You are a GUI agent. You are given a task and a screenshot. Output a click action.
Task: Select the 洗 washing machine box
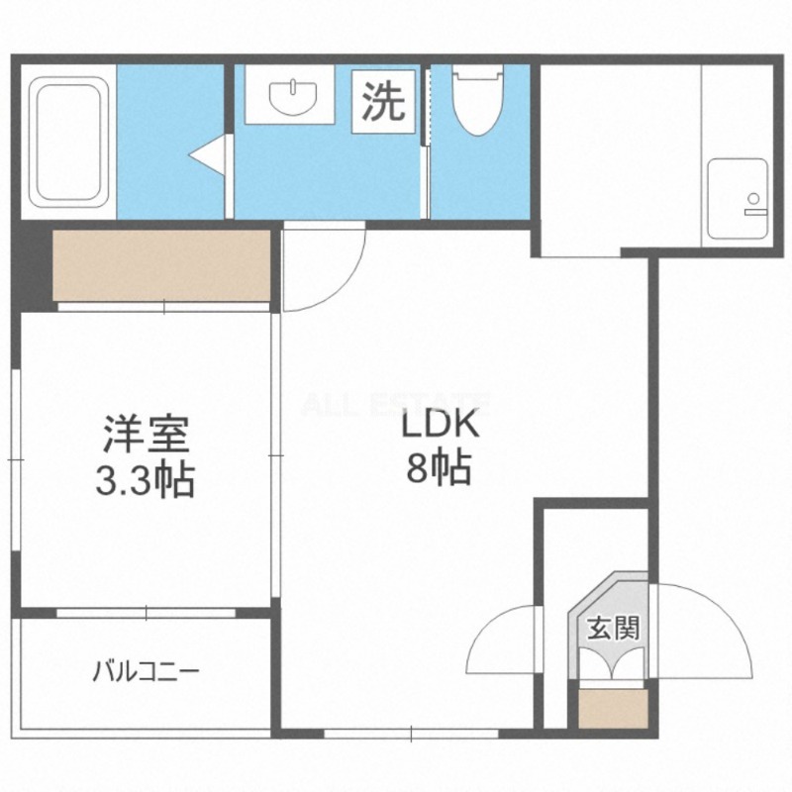[x=384, y=101]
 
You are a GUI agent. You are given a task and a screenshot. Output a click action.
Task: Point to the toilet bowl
[x=478, y=100]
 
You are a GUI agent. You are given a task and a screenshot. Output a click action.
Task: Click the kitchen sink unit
[x=738, y=199]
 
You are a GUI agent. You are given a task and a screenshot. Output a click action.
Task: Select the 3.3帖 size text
[x=146, y=479]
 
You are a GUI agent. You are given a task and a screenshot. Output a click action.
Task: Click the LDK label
[x=440, y=426]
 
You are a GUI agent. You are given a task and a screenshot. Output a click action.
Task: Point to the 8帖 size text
[x=440, y=467]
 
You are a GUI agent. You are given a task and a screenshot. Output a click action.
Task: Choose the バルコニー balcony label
[x=147, y=672]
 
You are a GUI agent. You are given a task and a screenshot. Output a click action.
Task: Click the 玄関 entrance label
[x=614, y=628]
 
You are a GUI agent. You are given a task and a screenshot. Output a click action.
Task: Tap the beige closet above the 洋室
[x=161, y=266]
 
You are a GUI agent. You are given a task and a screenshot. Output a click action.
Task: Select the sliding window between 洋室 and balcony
[x=146, y=613]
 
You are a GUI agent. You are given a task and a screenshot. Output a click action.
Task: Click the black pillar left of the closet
[x=33, y=267]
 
